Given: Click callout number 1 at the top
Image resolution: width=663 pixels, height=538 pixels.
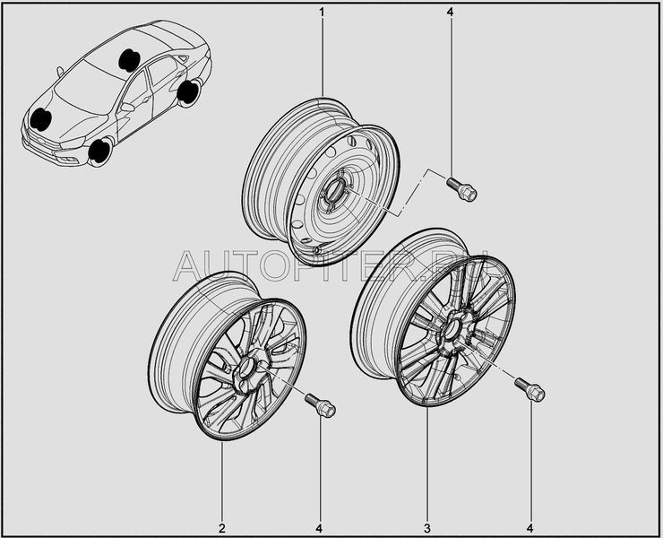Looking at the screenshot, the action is click(x=322, y=12).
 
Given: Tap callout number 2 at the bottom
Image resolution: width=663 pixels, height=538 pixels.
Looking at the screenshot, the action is click(x=222, y=528).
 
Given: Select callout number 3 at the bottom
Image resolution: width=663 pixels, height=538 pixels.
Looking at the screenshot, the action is click(x=427, y=528).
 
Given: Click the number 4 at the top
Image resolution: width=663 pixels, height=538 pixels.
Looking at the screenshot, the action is click(x=450, y=12).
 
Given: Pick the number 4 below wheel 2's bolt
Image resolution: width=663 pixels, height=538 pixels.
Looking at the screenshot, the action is click(x=319, y=528).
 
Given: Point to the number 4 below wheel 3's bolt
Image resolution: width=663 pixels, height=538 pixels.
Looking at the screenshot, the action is click(x=530, y=528).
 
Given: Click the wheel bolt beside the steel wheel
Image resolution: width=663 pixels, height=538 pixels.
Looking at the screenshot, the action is click(x=461, y=189).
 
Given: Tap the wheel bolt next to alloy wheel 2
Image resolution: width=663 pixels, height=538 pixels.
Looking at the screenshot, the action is click(x=320, y=405).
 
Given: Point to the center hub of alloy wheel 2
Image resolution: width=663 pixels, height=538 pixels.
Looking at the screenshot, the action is click(x=246, y=367).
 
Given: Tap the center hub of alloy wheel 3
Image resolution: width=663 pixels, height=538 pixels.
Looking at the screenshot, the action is click(x=452, y=329).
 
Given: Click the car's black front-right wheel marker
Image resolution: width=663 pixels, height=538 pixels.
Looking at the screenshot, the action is click(x=99, y=152).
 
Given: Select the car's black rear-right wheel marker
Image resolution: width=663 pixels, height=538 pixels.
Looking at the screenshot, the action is click(x=188, y=91).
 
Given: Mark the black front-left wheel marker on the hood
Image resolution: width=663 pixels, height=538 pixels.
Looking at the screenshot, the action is click(x=40, y=118).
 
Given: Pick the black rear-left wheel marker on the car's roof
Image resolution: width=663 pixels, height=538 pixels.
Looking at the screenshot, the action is click(x=129, y=60).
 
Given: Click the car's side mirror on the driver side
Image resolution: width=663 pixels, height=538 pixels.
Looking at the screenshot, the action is click(x=127, y=107).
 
